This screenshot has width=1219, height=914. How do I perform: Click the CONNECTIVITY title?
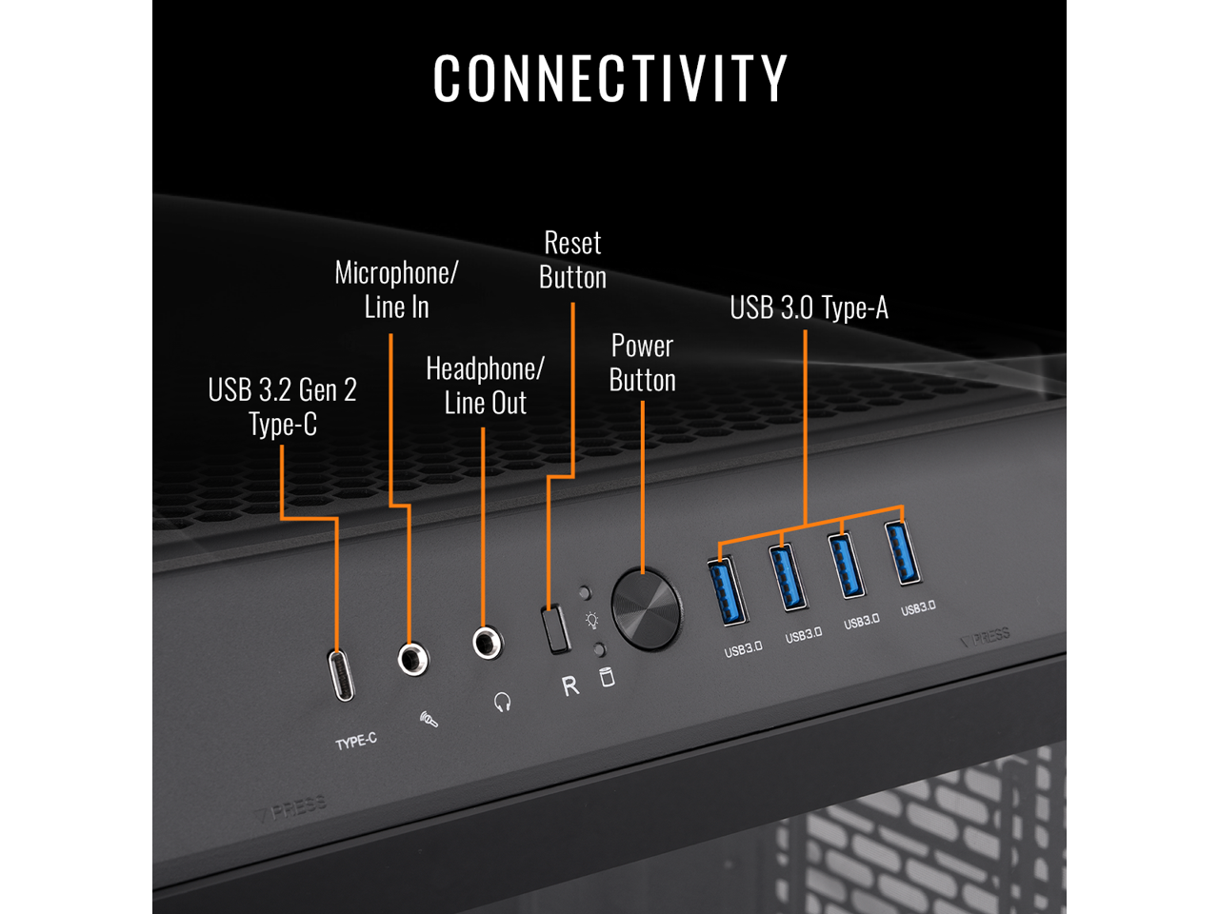[x=609, y=78]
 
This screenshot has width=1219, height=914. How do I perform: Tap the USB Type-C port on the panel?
[x=341, y=675]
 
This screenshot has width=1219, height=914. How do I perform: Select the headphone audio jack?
[x=488, y=643]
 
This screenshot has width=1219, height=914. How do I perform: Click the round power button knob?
[x=646, y=609]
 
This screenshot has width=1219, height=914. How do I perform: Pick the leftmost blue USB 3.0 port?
[x=726, y=591]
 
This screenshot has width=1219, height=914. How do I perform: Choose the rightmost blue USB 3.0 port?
[x=903, y=552]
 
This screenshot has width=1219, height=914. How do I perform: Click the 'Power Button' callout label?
[x=643, y=363]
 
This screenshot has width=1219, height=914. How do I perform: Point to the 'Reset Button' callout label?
[x=572, y=260]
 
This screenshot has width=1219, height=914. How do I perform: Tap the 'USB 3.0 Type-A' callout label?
[x=809, y=308]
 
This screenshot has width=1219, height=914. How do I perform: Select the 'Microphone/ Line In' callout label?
[x=396, y=289]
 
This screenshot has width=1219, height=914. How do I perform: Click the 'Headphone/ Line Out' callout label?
[x=485, y=386]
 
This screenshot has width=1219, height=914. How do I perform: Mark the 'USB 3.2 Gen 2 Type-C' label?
[x=282, y=407]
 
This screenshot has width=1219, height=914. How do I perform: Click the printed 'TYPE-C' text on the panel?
[x=356, y=741]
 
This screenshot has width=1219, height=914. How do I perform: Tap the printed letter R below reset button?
[x=570, y=685]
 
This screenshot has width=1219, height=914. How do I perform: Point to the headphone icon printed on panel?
[x=503, y=703]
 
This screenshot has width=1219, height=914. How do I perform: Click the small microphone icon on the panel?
[x=430, y=720]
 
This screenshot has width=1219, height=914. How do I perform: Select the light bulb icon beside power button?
[x=592, y=621]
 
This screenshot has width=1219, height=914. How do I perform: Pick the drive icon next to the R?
[x=607, y=677]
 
